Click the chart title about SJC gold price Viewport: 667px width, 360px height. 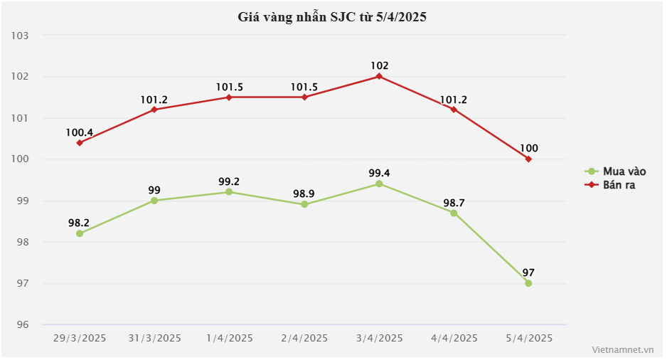(x=332, y=18)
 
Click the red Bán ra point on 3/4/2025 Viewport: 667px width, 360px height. (x=379, y=76)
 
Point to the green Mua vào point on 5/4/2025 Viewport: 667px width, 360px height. (x=528, y=283)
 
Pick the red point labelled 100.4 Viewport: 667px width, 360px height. (x=80, y=142)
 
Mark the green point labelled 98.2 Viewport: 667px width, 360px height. (x=80, y=233)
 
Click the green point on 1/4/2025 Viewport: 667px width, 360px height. (x=229, y=192)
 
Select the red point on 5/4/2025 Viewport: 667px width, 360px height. (x=528, y=159)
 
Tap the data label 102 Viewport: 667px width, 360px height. (x=379, y=65)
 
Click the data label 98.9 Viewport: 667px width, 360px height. (x=304, y=194)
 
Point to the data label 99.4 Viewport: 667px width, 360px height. (x=379, y=173)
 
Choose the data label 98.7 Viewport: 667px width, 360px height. (x=454, y=202)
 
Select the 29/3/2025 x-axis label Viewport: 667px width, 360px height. (x=80, y=338)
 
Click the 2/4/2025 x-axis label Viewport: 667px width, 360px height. (x=304, y=338)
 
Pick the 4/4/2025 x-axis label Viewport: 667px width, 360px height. (x=454, y=338)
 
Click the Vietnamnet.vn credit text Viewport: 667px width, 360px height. (x=622, y=350)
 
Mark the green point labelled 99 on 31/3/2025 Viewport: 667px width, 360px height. (x=154, y=201)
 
